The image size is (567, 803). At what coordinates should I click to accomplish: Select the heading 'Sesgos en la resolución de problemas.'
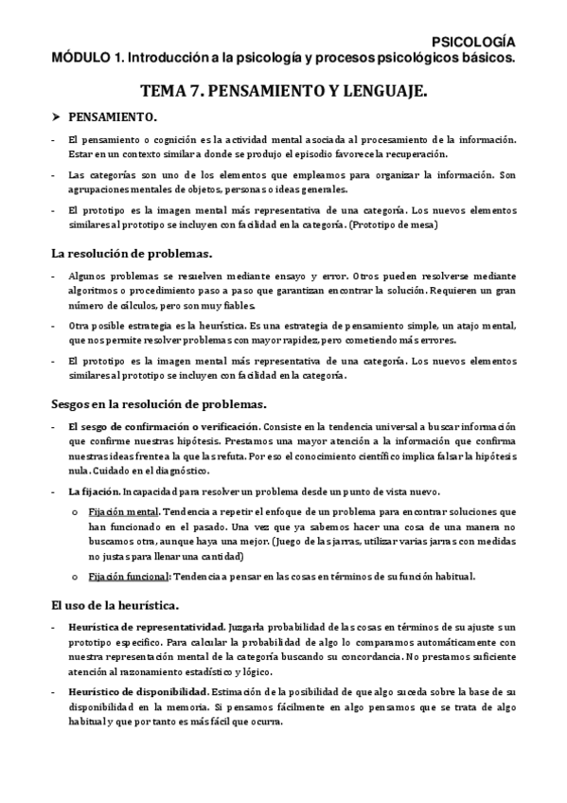click(x=165, y=402)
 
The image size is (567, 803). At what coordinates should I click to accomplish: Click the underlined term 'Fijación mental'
click(x=118, y=511)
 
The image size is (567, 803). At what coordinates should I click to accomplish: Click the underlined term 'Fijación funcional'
click(x=126, y=576)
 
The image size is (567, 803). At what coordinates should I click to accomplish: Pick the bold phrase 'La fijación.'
click(x=93, y=490)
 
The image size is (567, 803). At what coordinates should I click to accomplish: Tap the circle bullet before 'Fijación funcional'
click(x=75, y=576)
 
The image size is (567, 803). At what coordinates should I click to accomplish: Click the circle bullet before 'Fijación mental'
click(x=75, y=511)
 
